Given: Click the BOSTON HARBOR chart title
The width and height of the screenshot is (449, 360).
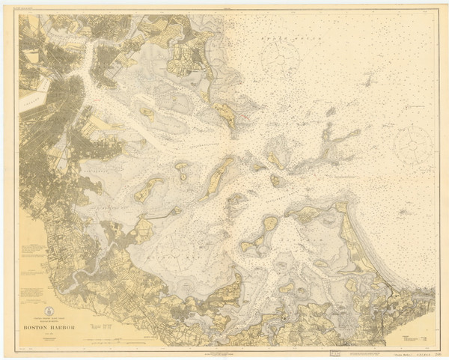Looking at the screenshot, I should click(55, 326).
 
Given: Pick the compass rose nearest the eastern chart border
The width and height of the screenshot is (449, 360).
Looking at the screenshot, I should click(412, 141).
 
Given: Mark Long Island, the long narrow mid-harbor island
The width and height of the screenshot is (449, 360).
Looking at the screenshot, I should click(219, 174).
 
